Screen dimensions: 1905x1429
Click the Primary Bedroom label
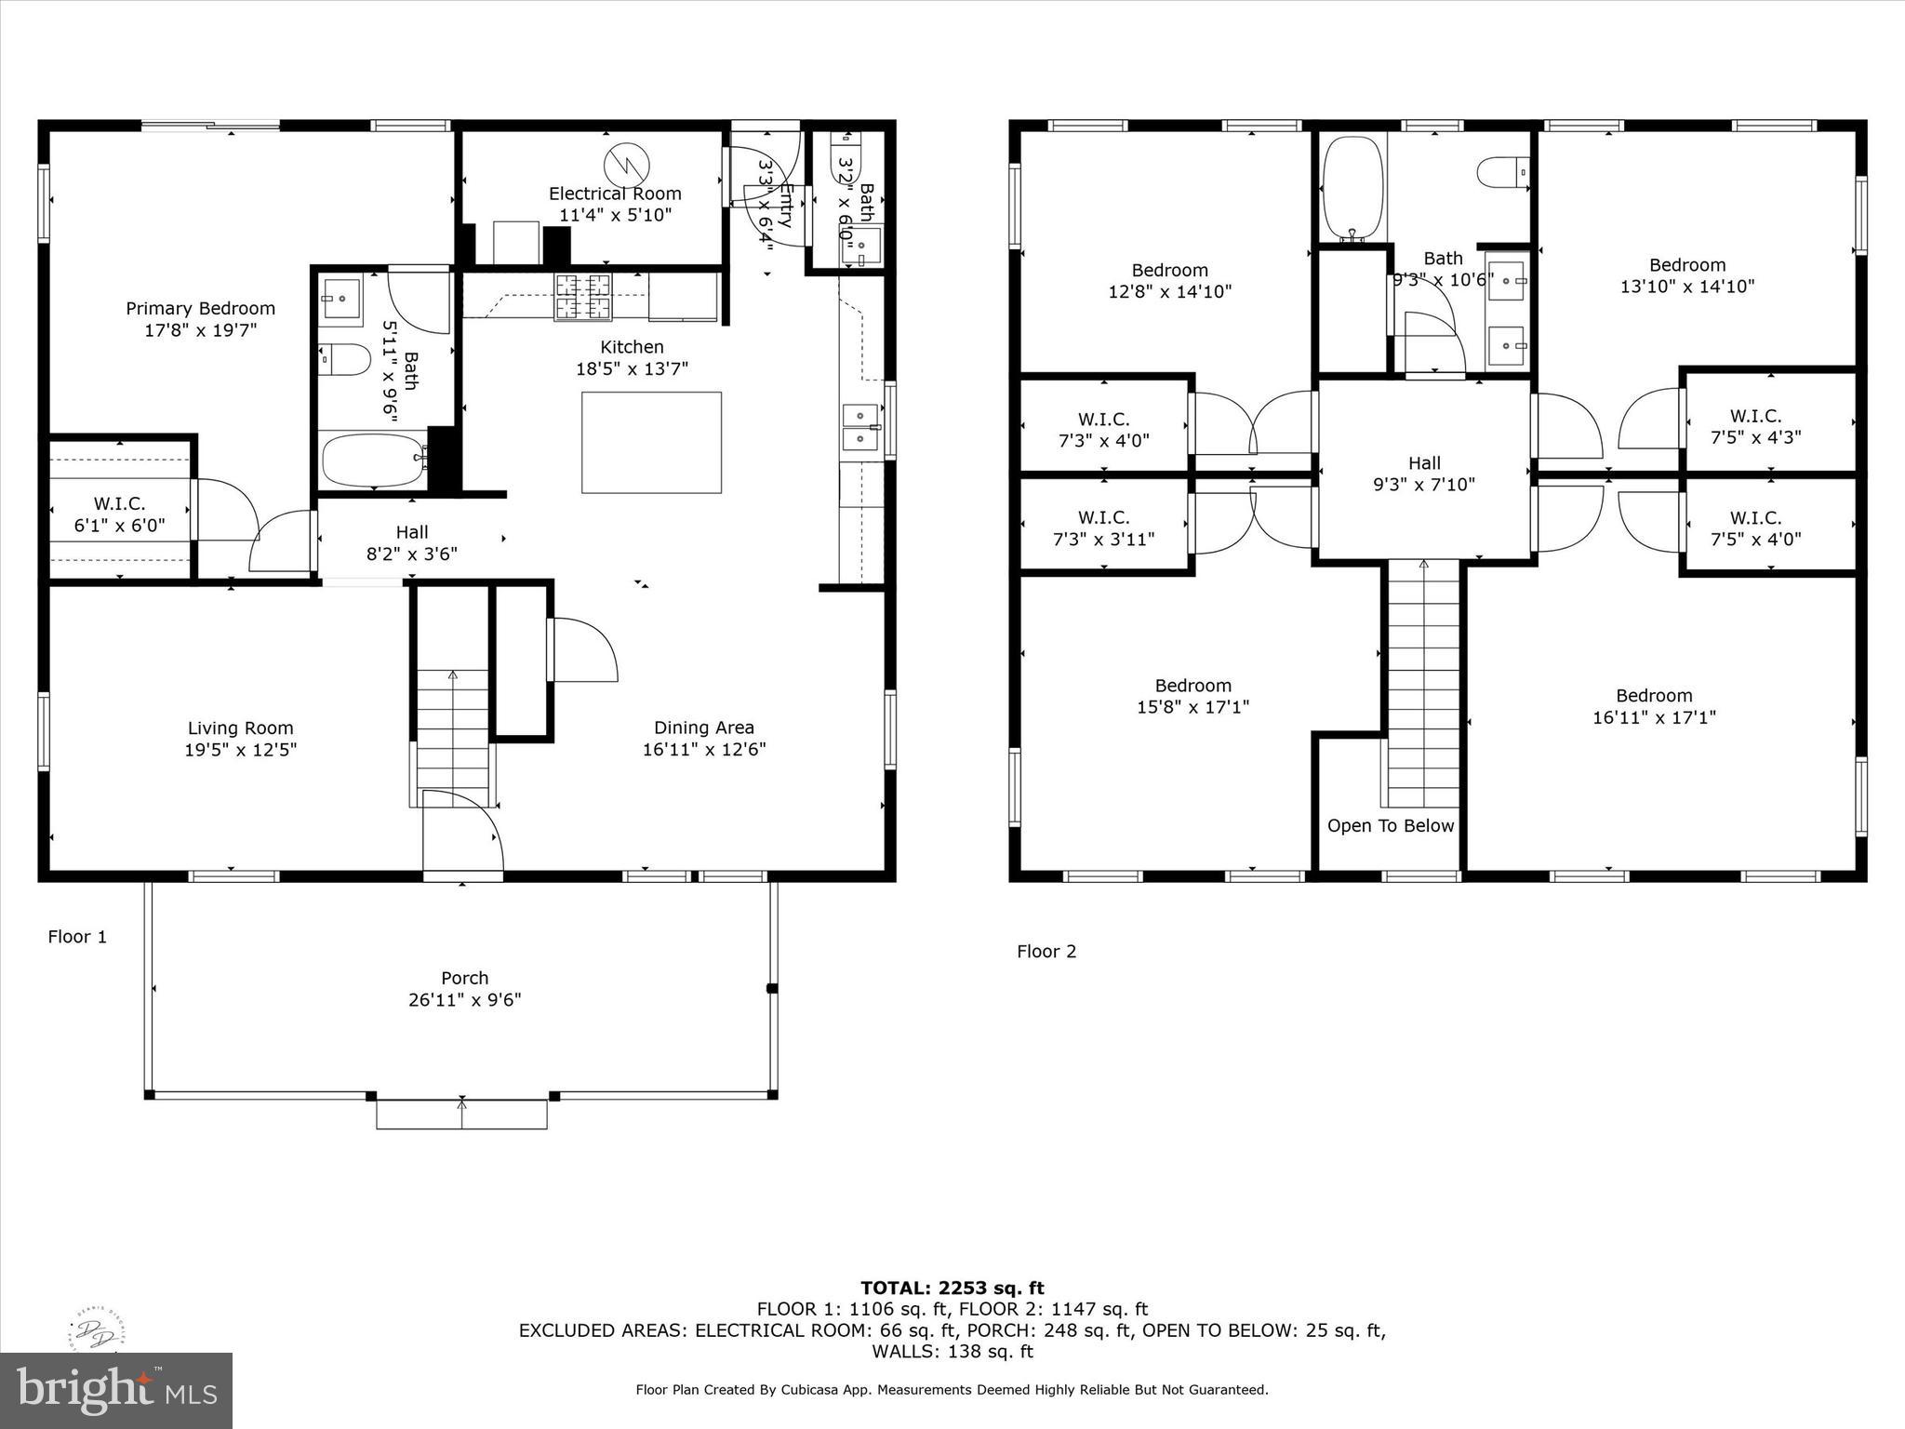tap(200, 309)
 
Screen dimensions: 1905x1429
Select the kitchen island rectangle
tap(651, 442)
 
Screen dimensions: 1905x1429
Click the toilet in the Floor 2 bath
tap(1501, 173)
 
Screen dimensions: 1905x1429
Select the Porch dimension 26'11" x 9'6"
tap(464, 1000)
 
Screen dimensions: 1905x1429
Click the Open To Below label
tap(1390, 825)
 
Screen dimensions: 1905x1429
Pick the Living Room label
tap(240, 728)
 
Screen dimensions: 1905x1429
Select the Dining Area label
tap(703, 728)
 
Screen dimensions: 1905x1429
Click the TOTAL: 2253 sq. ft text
tap(952, 1288)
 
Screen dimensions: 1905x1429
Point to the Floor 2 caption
tap(1046, 951)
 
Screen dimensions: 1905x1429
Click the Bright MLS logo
tap(116, 1390)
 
